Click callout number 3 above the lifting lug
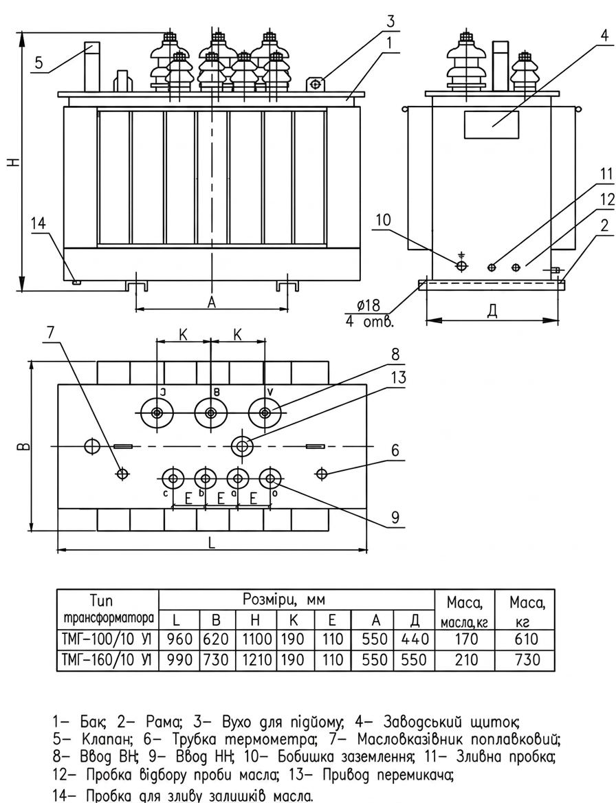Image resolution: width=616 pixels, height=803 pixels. coord(390,21)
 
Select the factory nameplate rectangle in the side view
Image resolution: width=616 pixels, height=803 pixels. coord(492,124)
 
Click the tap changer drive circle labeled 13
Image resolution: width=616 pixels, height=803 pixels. coord(242,446)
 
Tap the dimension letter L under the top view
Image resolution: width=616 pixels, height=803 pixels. coord(212,543)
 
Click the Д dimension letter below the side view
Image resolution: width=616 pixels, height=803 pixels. coord(492,311)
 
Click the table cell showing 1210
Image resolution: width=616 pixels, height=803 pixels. coord(255,659)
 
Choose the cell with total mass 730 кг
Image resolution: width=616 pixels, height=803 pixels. coord(527,659)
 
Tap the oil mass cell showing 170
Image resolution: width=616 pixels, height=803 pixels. coord(466,639)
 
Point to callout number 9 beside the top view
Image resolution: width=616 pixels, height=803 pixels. coord(395,517)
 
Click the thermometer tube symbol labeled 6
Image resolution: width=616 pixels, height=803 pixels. coord(322,474)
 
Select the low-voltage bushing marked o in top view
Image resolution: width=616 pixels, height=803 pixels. coord(270,478)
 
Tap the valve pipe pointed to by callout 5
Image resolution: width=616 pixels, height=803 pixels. coord(92,67)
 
